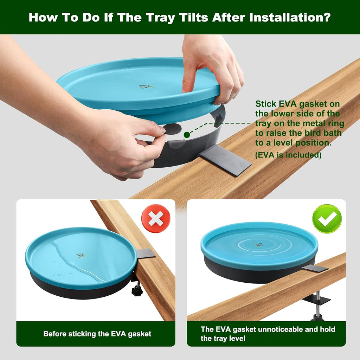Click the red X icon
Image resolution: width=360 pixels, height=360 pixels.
156,219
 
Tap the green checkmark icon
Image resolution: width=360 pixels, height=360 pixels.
327,219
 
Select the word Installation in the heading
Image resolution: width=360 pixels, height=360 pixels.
290,17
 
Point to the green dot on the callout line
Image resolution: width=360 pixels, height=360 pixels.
187,135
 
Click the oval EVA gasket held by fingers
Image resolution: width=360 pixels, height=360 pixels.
173,129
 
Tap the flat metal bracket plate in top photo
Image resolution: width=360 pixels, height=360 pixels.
225,160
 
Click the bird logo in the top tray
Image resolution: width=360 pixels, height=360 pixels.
146,86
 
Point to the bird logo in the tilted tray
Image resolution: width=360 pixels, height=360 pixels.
82,255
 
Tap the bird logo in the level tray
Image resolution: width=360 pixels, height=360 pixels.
258,245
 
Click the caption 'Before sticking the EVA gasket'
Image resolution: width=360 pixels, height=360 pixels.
97,334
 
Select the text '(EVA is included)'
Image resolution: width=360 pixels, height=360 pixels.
288,155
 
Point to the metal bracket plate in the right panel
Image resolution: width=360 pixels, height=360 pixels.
315,269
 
